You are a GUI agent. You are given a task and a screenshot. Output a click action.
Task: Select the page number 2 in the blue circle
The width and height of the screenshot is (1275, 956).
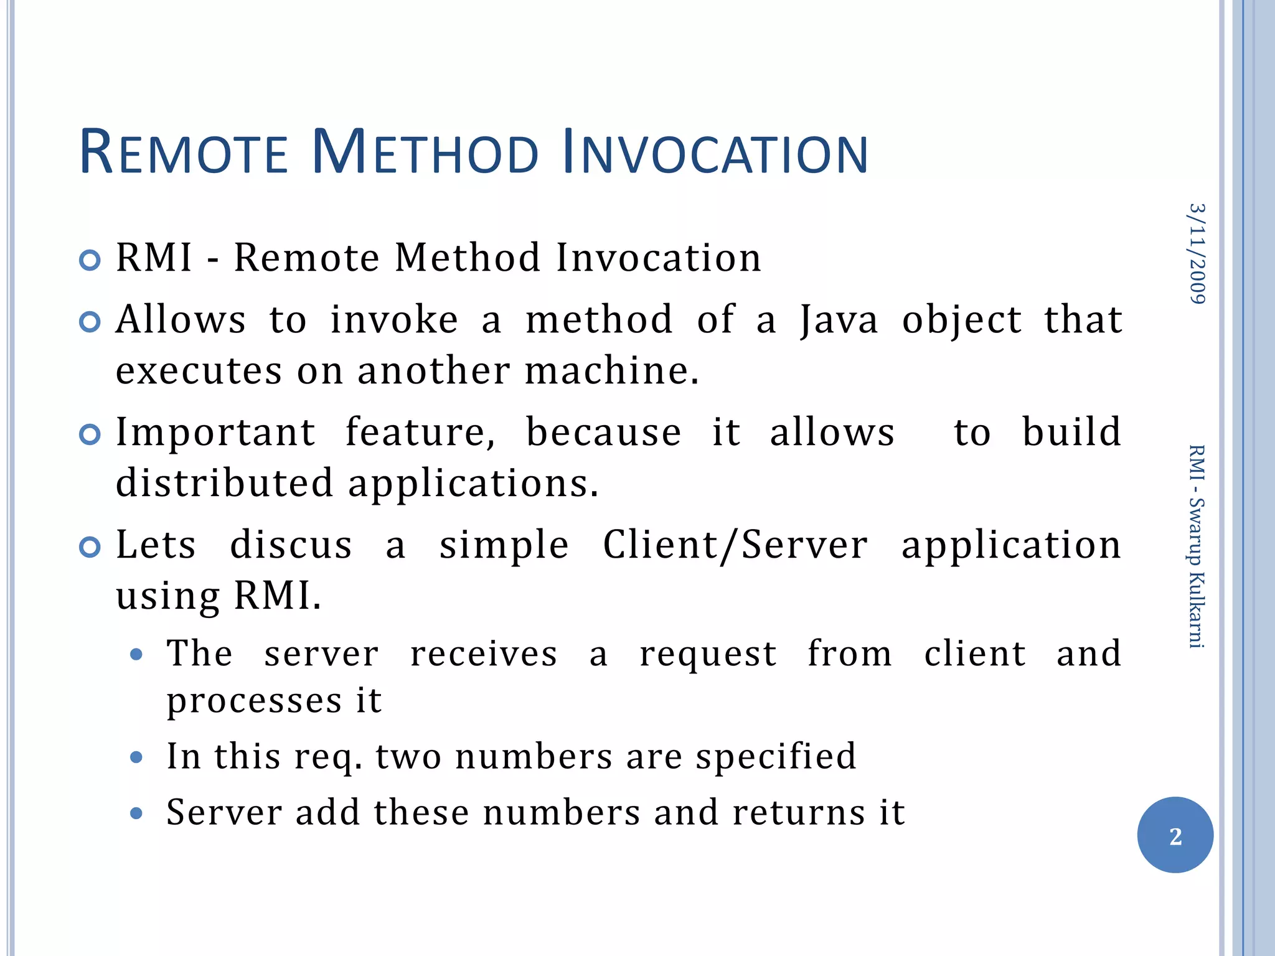[x=1175, y=836]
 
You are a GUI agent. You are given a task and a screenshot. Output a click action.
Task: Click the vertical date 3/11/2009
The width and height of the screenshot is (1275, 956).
[x=1197, y=254]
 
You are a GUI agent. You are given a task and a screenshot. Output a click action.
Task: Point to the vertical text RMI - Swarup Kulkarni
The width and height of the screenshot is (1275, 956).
[x=1197, y=546]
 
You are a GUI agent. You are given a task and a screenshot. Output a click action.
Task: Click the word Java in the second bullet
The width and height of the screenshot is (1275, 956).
[x=839, y=320]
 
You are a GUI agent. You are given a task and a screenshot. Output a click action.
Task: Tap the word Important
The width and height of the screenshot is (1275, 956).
[x=215, y=433]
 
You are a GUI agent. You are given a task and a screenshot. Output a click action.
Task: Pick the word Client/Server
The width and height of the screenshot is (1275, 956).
[x=735, y=546]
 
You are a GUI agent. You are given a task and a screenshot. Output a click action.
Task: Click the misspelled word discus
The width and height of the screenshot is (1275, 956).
[x=291, y=546]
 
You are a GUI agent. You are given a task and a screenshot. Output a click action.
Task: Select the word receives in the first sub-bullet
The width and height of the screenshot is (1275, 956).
[x=483, y=654]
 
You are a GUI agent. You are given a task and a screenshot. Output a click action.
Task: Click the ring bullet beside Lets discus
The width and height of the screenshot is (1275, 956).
[x=90, y=548]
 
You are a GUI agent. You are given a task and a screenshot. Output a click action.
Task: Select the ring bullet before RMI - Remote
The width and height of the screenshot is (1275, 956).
[x=90, y=260]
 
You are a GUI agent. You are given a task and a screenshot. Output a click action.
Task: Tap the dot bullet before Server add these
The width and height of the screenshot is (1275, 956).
[x=137, y=813]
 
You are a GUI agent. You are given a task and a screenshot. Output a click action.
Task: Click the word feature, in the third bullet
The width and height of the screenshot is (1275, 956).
[x=420, y=433]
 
